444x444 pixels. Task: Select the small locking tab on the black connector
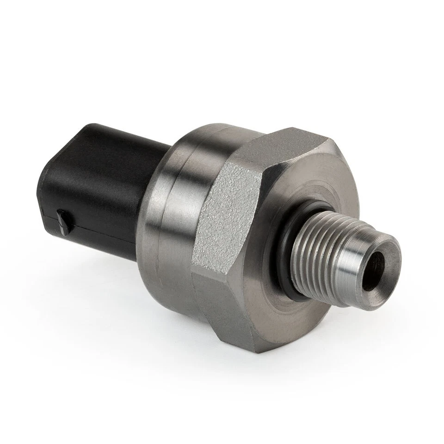pyautogui.click(x=63, y=221)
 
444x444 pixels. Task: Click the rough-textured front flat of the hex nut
pyautogui.click(x=227, y=217)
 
